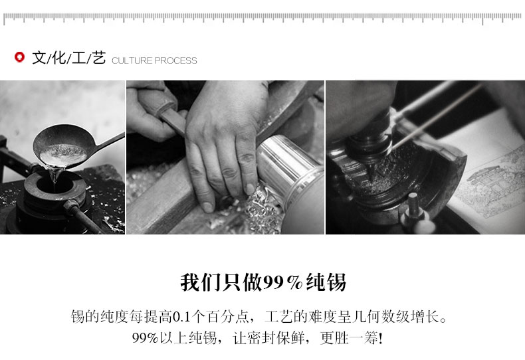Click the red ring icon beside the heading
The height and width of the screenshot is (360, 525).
click(x=19, y=57)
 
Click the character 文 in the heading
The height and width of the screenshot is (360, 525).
click(x=39, y=58)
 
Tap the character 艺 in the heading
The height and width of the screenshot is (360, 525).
click(x=99, y=58)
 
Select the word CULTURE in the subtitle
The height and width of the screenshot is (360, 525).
click(x=132, y=60)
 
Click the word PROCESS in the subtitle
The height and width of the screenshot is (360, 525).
click(x=176, y=60)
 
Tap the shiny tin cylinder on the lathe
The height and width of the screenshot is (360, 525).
click(x=288, y=168)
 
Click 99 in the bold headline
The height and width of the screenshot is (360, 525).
click(x=274, y=283)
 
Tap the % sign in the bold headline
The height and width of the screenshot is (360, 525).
click(x=295, y=283)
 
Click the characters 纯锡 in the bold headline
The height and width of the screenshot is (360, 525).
click(x=326, y=282)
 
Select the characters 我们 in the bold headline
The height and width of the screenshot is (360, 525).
click(x=201, y=282)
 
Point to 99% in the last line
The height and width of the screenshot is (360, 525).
click(x=146, y=338)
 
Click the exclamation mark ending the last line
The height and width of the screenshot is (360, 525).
click(x=380, y=338)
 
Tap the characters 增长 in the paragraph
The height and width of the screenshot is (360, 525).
click(x=425, y=317)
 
